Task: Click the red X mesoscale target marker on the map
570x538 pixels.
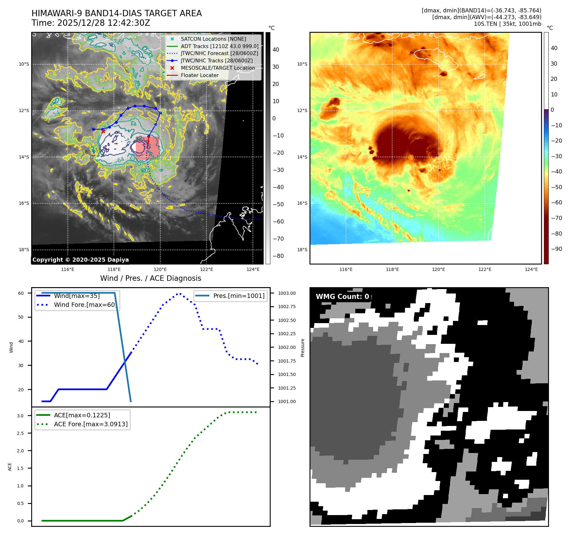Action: tap(103, 131)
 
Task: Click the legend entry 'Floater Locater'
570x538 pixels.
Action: tap(199, 75)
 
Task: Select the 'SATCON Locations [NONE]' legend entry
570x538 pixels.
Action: tap(213, 39)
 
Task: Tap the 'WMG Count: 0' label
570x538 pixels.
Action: tap(342, 296)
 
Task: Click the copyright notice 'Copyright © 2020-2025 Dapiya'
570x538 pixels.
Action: tap(80, 260)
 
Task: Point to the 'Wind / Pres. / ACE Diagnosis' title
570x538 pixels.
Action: tap(150, 278)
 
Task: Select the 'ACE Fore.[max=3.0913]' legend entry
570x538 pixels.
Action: tap(91, 424)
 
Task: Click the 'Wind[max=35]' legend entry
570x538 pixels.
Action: tap(77, 296)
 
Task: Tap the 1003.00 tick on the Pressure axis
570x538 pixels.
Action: tap(287, 293)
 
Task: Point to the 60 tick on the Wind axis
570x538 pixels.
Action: tap(21, 293)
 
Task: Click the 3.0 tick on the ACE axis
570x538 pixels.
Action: tap(20, 416)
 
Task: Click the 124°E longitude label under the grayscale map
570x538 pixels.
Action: tap(253, 269)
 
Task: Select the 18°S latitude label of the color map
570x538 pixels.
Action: tap(302, 250)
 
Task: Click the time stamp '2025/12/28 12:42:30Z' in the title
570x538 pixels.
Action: tap(102, 23)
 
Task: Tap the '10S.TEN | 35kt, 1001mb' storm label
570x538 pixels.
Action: tap(507, 24)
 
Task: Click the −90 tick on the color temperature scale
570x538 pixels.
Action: tap(556, 249)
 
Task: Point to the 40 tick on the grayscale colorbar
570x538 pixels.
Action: tap(275, 50)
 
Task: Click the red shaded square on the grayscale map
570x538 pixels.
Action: tap(147, 148)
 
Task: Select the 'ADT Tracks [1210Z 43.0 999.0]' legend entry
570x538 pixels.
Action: tap(219, 46)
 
